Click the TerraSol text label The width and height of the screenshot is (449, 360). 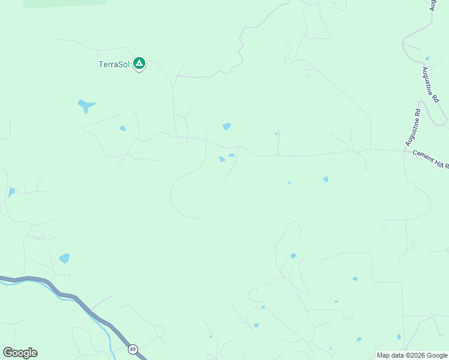(x=114, y=64)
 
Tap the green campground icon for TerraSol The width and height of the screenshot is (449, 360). (x=139, y=63)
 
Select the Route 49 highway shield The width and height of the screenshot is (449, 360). (x=133, y=349)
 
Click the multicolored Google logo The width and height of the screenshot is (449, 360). (x=20, y=353)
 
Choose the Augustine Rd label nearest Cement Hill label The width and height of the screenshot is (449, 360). (x=413, y=127)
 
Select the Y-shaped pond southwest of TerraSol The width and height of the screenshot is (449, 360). (x=86, y=106)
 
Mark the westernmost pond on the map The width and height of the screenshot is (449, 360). (x=11, y=193)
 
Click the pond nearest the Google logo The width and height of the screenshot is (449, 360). (x=64, y=259)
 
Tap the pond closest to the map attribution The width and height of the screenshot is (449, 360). (x=398, y=337)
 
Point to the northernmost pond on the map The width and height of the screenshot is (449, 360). (x=427, y=59)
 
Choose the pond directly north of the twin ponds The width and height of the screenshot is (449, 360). (x=226, y=126)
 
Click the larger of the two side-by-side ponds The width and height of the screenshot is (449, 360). (x=222, y=159)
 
